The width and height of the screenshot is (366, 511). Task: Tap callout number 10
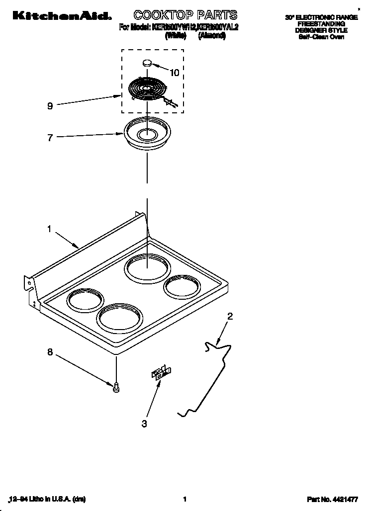174,73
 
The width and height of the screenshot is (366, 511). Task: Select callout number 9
50,106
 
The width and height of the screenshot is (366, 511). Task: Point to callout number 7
50,138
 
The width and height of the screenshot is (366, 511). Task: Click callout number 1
49,229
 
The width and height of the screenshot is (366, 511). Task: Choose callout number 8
50,352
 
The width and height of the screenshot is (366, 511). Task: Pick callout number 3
144,424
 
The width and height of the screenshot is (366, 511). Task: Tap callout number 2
230,316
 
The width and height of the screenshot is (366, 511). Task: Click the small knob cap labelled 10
147,63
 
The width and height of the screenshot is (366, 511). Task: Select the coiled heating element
147,90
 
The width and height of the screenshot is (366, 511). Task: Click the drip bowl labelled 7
147,133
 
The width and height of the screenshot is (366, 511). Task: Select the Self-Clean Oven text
321,37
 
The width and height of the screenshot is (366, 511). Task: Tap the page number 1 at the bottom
184,499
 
